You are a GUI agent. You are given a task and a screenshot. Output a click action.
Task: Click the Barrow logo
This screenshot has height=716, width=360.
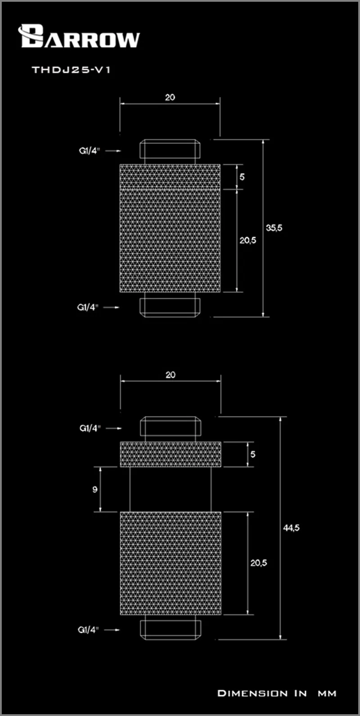79,37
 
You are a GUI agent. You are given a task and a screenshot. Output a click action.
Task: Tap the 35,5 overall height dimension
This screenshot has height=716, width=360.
274,228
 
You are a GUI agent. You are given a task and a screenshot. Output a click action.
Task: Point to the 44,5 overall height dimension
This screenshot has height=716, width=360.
291,528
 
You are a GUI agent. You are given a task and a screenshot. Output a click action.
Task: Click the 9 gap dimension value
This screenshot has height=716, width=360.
95,489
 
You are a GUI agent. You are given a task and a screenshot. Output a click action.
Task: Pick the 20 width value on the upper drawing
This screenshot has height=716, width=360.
170,97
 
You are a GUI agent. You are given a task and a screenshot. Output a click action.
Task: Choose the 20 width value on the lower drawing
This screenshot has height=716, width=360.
171,375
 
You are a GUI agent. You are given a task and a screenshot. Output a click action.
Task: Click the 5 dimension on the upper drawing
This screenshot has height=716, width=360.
242,177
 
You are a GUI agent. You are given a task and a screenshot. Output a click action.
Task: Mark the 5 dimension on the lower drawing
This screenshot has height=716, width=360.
253,454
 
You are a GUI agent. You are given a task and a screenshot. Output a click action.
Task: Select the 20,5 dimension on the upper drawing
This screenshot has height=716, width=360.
247,240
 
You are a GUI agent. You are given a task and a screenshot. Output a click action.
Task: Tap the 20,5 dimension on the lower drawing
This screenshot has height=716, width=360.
259,563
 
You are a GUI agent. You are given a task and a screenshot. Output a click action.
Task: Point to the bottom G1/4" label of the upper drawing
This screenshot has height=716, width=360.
88,307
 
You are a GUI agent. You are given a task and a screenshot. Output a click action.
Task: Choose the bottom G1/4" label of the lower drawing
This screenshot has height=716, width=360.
88,630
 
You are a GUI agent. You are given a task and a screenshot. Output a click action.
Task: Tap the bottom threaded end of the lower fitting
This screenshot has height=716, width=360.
171,628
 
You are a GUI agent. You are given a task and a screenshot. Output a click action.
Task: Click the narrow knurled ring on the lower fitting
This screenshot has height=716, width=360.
171,454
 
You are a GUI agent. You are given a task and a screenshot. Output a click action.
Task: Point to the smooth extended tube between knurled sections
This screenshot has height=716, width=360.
171,489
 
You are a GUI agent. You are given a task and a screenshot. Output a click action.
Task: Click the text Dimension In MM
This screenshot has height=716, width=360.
277,693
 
